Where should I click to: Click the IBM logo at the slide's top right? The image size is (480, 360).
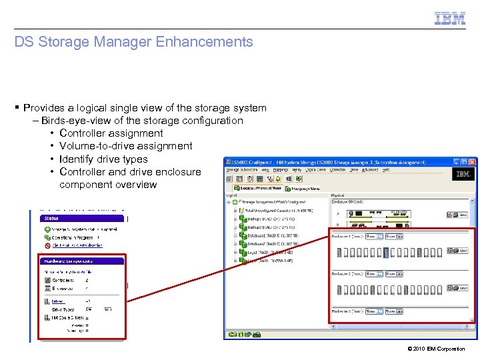tap(450, 19)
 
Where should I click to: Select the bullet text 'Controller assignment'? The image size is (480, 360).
tap(111, 133)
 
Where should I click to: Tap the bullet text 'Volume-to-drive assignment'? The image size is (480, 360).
tap(125, 146)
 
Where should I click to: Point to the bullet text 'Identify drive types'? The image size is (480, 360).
tap(103, 159)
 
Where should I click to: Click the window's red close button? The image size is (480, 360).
tap(473, 162)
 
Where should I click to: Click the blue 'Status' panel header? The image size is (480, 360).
tap(51, 218)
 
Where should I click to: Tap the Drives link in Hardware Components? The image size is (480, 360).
tap(58, 301)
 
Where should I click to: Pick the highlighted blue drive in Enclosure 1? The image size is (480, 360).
tap(386, 252)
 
